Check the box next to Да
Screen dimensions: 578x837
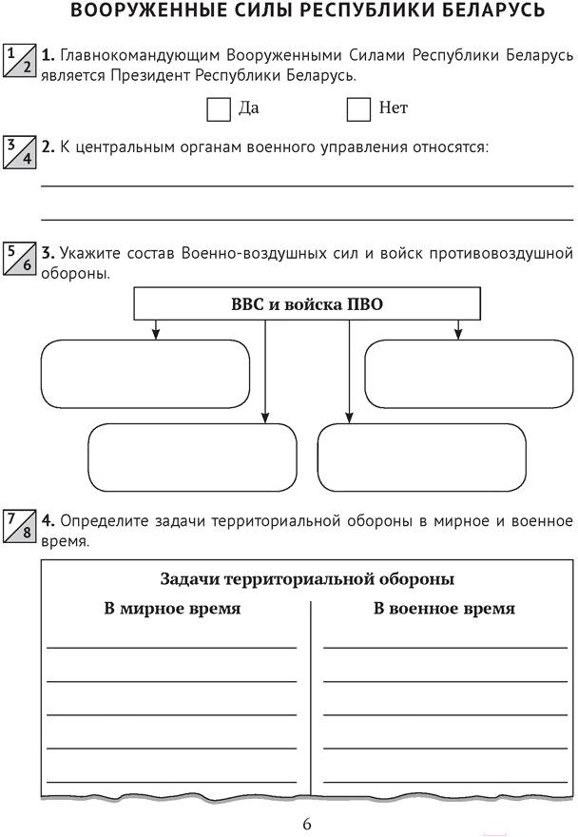tap(219, 109)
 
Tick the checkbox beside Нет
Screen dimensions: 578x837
tap(358, 109)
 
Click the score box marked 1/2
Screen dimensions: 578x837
tap(20, 60)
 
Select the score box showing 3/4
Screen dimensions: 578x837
tap(20, 152)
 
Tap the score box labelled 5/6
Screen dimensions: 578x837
tap(20, 259)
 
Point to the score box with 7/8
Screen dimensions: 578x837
tap(20, 526)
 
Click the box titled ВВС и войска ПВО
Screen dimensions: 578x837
tap(307, 303)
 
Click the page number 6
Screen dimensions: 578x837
tap(307, 825)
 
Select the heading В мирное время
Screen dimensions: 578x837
tap(172, 609)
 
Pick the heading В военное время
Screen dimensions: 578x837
tap(444, 609)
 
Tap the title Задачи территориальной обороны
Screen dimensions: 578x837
tap(307, 579)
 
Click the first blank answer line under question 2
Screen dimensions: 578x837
tap(307, 185)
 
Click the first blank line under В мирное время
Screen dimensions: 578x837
tap(171, 648)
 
